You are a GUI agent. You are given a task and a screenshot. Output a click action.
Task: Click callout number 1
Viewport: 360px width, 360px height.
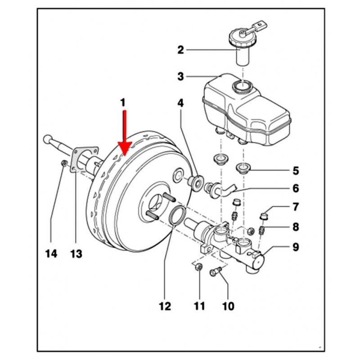pyautogui.click(x=122, y=103)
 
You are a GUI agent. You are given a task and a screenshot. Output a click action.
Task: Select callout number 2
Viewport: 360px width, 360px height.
pyautogui.click(x=181, y=50)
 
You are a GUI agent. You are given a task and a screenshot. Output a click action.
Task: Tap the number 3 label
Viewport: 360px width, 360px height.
pyautogui.click(x=181, y=77)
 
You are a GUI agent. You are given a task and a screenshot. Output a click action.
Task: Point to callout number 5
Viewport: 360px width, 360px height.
pyautogui.click(x=296, y=171)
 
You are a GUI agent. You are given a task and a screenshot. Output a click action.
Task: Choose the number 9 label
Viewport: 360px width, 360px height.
pyautogui.click(x=296, y=247)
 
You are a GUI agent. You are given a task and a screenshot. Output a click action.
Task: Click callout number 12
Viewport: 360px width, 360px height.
pyautogui.click(x=165, y=306)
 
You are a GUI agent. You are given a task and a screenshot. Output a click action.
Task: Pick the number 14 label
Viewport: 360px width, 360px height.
pyautogui.click(x=51, y=254)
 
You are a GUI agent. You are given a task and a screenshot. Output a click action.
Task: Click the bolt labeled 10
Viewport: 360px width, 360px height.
pyautogui.click(x=217, y=271)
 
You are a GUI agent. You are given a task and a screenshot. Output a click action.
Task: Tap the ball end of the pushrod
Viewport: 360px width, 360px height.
pyautogui.click(x=46, y=139)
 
